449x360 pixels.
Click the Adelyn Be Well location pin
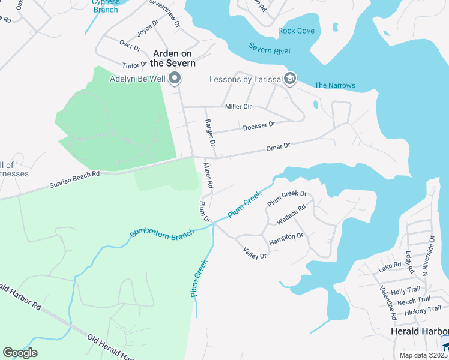(175, 78)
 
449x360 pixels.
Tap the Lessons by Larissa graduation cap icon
(290, 79)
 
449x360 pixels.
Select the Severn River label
(270, 50)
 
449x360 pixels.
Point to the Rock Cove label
(296, 31)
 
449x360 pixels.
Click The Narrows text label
(334, 85)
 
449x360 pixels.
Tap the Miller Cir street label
(238, 107)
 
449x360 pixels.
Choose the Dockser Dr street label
(259, 125)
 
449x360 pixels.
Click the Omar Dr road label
(278, 146)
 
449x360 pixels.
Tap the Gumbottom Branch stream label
(162, 233)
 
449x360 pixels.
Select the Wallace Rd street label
(291, 214)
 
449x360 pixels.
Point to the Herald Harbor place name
(419, 331)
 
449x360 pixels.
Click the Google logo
(20, 353)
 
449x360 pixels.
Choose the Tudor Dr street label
(134, 65)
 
